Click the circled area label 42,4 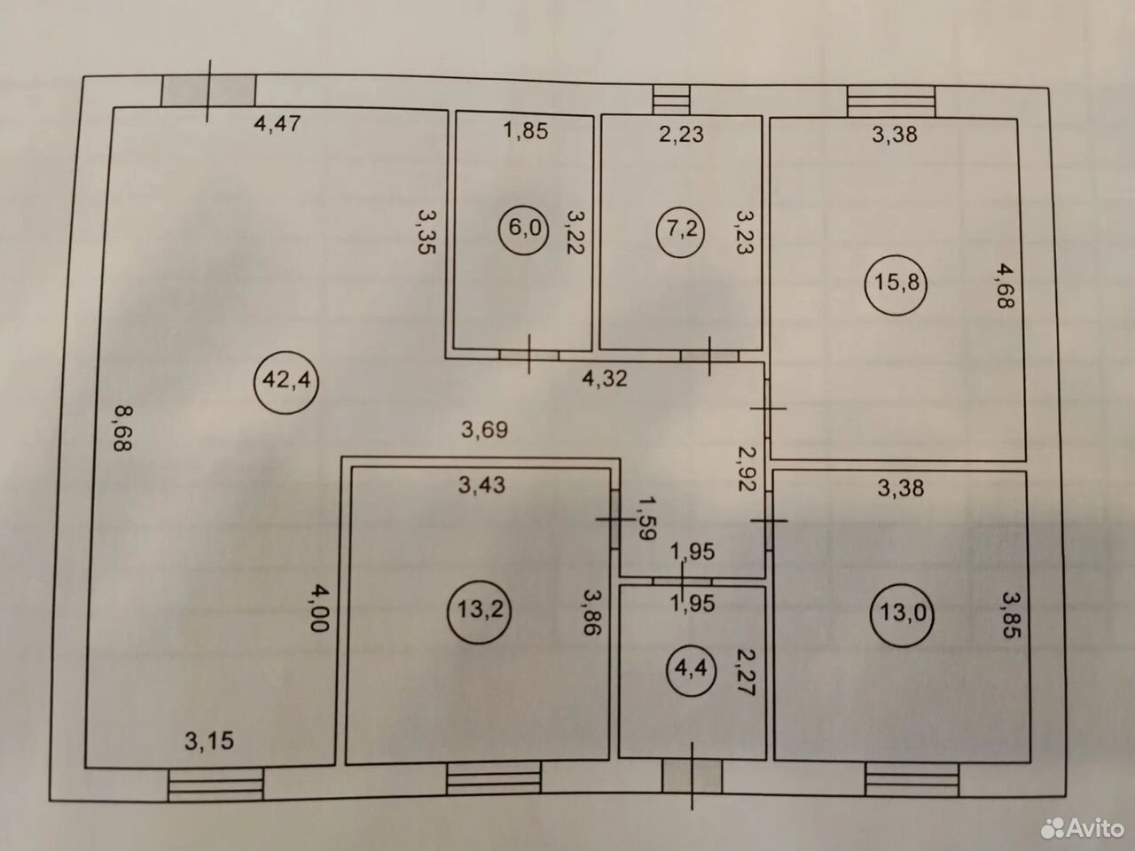(286, 381)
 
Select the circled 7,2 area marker (681, 230)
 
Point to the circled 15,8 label (896, 284)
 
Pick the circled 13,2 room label (480, 611)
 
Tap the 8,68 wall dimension (123, 428)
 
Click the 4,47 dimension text (278, 124)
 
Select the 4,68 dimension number (1006, 285)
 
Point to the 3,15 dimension (209, 741)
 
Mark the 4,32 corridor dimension (605, 379)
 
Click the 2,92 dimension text (748, 469)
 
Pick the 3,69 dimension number (484, 429)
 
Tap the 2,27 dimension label (745, 672)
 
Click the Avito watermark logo (1083, 828)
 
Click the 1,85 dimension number (525, 130)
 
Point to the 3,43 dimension (481, 485)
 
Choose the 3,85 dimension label (1011, 615)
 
